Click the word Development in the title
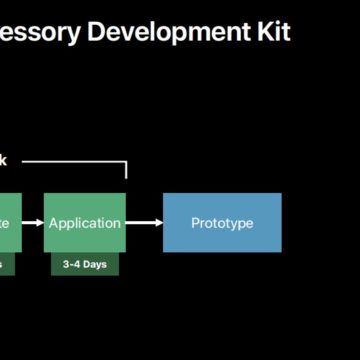(x=169, y=32)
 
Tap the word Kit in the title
(x=271, y=32)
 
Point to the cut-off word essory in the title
(x=40, y=32)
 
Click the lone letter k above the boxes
(x=3, y=160)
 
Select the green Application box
(x=85, y=222)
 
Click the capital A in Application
(x=54, y=222)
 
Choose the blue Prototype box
(x=222, y=222)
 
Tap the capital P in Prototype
(x=195, y=222)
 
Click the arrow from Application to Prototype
(x=143, y=222)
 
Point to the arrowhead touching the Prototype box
(x=158, y=222)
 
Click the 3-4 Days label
(x=85, y=264)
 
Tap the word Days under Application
(x=95, y=264)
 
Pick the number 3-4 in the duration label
(x=69, y=264)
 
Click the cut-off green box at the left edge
(x=7, y=222)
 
